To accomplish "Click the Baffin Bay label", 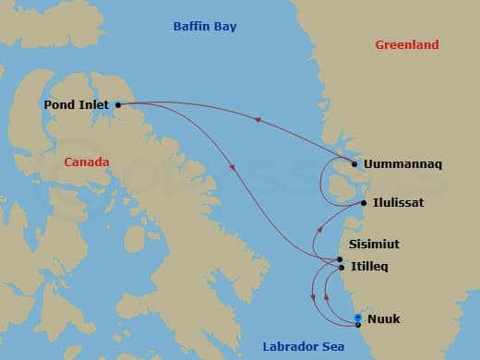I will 205,27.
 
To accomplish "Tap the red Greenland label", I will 407,44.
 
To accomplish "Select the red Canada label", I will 87,162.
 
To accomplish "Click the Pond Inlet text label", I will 77,105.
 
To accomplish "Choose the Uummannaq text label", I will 402,164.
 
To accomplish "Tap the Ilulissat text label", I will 399,202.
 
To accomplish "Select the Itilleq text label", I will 370,267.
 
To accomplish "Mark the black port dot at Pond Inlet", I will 118,105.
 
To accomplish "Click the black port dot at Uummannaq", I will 354,164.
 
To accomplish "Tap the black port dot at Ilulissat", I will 364,202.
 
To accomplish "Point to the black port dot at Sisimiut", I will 341,259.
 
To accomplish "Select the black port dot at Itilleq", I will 342,268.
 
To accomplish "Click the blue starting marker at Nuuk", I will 358,318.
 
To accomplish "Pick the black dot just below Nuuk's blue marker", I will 358,324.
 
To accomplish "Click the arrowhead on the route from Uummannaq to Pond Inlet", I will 257,119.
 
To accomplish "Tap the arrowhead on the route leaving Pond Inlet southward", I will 231,167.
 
